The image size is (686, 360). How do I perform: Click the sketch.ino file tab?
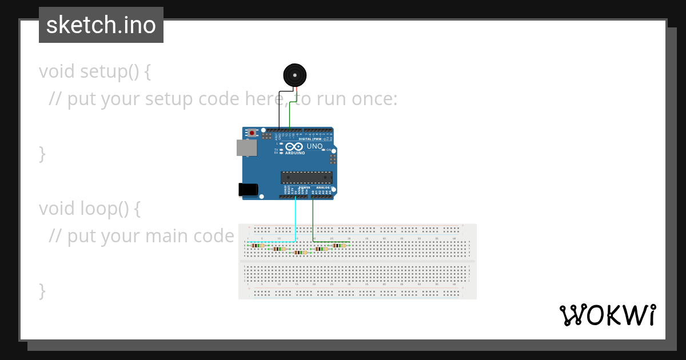click(101, 25)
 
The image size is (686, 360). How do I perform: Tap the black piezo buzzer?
click(294, 75)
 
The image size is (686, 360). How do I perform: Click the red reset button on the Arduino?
click(252, 133)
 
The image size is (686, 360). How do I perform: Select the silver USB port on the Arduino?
click(246, 148)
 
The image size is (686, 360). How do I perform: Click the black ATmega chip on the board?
click(306, 178)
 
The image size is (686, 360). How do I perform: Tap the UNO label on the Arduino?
click(314, 146)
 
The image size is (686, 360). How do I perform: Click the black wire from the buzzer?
click(279, 109)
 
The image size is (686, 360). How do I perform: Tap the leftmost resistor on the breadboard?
click(256, 245)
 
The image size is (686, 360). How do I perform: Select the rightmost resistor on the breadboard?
click(339, 245)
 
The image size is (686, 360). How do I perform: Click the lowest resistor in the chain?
click(300, 252)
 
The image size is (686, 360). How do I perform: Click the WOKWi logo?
click(607, 315)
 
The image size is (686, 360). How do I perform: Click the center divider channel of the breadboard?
click(357, 261)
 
